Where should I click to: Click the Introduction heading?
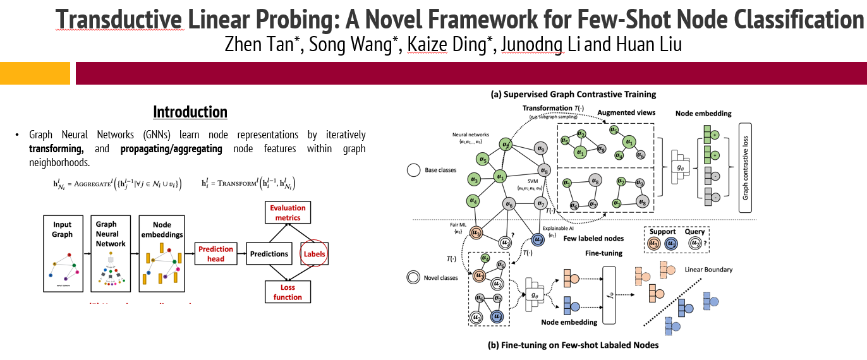[x=190, y=112]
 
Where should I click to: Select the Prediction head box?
[x=215, y=254]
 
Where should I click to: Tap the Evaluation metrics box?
[x=288, y=213]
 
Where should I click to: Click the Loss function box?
[x=288, y=292]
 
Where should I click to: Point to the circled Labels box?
[x=315, y=254]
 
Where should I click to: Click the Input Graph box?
[x=62, y=253]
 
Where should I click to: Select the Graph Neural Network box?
[x=111, y=253]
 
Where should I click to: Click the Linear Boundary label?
[x=708, y=270]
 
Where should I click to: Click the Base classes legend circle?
[x=415, y=170]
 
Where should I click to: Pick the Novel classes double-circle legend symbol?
[x=415, y=277]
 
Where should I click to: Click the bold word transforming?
[x=56, y=148]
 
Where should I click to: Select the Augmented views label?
[x=618, y=112]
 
